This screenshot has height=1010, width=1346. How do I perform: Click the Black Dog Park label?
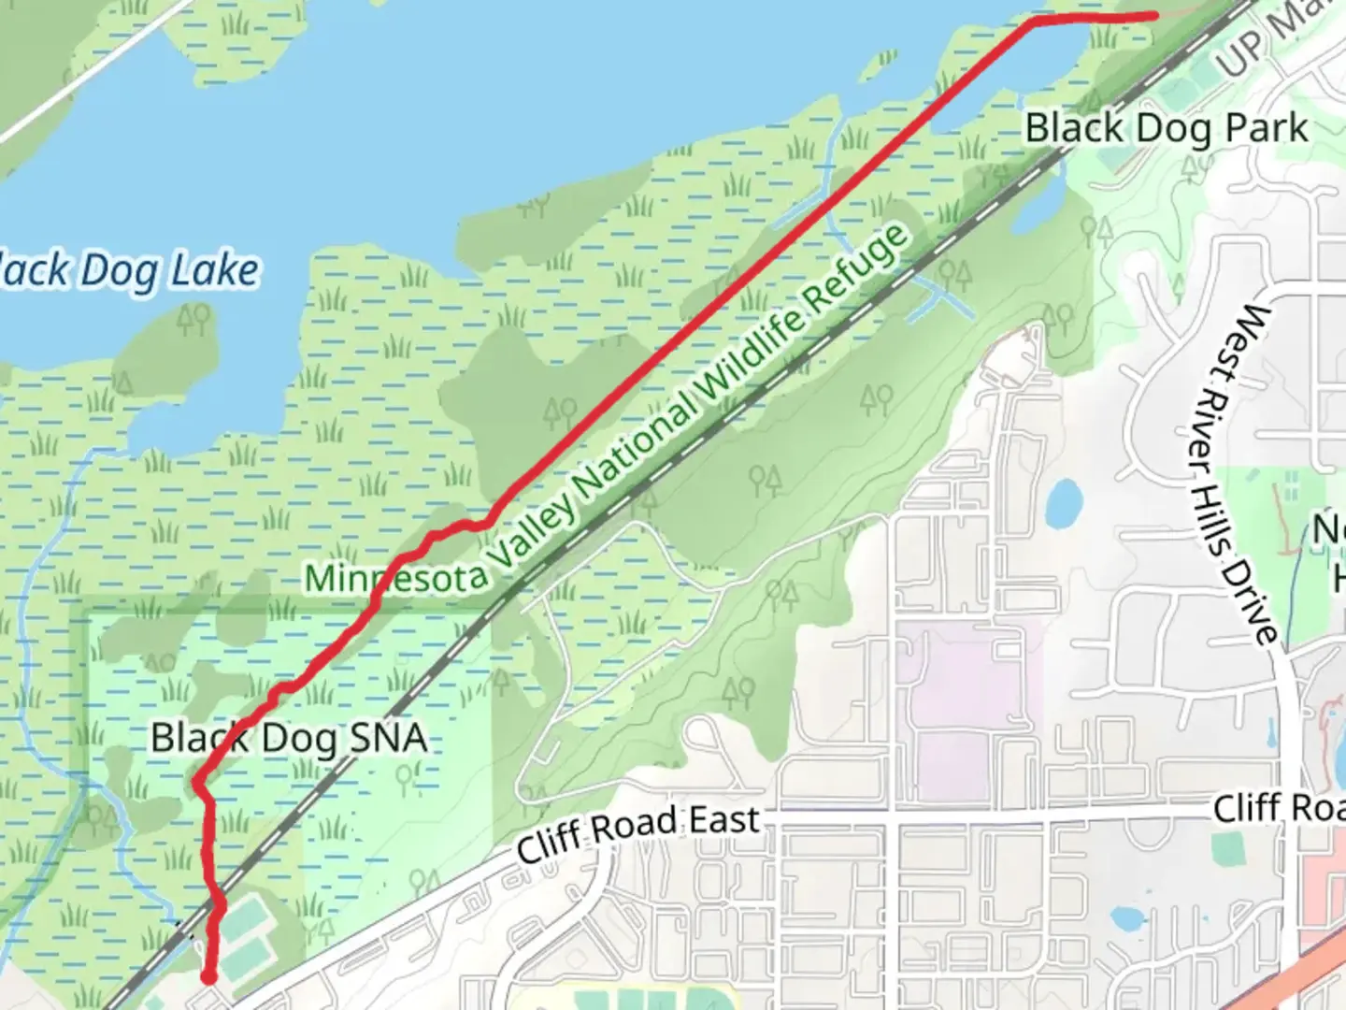pos(1167,128)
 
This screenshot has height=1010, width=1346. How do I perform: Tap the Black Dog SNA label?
pos(289,739)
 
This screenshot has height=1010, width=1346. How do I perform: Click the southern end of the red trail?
pos(208,977)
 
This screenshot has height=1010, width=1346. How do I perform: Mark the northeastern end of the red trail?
pos(1155,15)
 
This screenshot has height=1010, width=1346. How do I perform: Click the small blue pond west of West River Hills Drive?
pos(1064,503)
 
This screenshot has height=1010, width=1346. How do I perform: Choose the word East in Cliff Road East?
pos(725,821)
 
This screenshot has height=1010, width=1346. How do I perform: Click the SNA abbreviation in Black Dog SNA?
pos(387,739)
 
